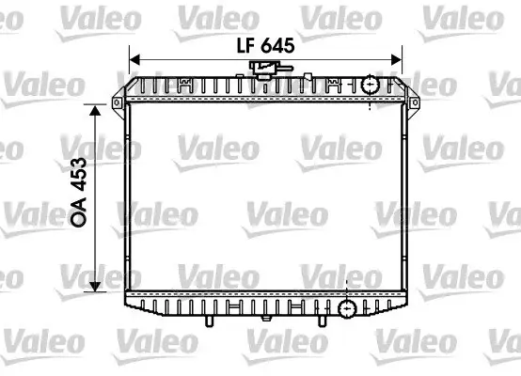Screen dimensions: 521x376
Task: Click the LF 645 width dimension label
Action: tap(265, 45)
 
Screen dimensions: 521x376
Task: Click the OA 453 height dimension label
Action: tap(79, 192)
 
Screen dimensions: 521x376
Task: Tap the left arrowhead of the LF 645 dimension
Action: tap(134, 60)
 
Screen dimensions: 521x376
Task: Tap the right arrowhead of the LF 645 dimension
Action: tap(397, 60)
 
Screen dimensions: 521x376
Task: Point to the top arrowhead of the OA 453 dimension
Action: tap(95, 111)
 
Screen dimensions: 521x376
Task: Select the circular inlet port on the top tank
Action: tap(371, 85)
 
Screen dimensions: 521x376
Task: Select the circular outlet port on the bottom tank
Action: tap(347, 308)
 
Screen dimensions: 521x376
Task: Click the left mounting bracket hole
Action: tap(117, 102)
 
